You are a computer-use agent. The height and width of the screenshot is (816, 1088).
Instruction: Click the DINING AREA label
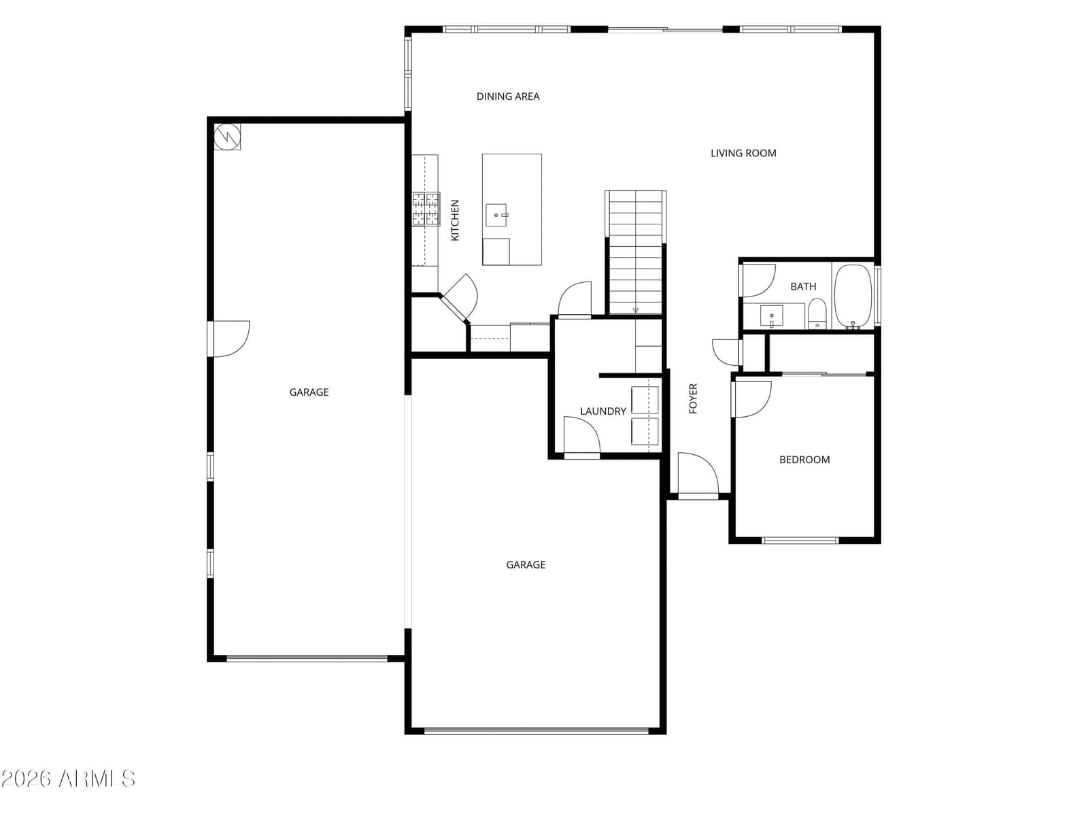(x=507, y=97)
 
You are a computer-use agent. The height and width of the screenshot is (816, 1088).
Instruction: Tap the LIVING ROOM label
(x=743, y=154)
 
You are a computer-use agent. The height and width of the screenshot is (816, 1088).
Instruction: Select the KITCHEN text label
(x=455, y=220)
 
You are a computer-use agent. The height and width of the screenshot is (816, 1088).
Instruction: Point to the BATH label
(x=803, y=286)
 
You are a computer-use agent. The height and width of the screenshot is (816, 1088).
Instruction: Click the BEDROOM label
(x=804, y=460)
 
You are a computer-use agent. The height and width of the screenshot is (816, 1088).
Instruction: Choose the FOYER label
(x=693, y=398)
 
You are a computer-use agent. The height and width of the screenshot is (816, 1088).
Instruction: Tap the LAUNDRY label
(x=602, y=411)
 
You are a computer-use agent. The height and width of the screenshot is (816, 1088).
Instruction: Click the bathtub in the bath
(x=853, y=296)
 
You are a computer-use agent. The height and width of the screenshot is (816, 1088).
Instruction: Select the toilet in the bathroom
(x=817, y=313)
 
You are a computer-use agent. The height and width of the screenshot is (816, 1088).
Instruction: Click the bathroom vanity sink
(x=771, y=316)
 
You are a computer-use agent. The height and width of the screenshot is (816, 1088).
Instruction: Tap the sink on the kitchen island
(x=496, y=215)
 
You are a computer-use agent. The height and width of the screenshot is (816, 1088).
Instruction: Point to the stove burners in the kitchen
(x=426, y=209)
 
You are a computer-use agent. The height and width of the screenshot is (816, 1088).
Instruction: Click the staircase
(x=635, y=252)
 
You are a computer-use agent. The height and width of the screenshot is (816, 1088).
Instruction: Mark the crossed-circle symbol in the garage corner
(x=228, y=136)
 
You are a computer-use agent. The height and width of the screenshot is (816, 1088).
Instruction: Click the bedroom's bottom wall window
(x=800, y=541)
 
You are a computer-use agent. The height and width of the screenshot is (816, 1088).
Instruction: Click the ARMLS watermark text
(x=69, y=779)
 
